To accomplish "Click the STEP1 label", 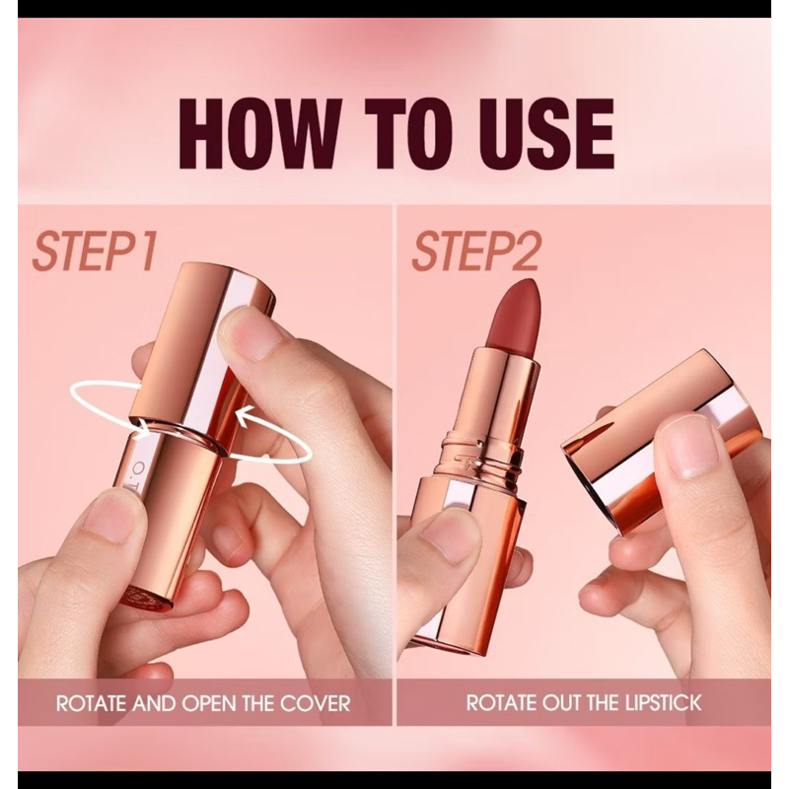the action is [x=94, y=251].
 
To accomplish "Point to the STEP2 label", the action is [x=476, y=251].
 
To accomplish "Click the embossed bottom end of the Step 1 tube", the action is [x=146, y=598].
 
